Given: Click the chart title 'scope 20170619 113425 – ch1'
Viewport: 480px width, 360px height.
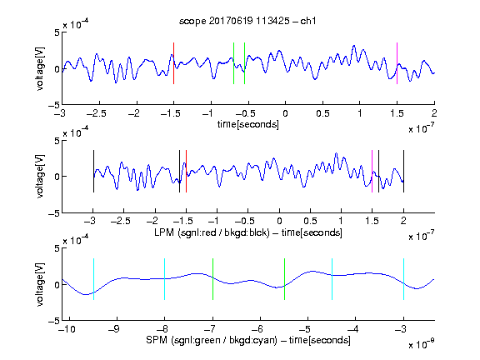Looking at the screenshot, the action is point(247,21).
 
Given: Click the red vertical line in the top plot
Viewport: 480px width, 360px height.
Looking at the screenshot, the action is point(173,63).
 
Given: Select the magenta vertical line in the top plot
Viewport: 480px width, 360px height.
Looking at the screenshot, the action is point(397,63).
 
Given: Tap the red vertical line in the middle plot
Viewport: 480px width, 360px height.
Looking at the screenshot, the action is point(186,171).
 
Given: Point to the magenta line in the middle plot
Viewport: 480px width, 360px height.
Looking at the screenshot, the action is point(372,171).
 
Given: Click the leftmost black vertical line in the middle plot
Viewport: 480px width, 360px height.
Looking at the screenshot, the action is point(93,171).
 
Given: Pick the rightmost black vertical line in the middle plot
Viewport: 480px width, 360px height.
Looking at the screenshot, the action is point(403,171).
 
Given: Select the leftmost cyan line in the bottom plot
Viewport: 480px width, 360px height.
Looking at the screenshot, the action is point(93,279).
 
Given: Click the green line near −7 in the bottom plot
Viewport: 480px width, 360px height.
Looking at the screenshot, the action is point(212,279).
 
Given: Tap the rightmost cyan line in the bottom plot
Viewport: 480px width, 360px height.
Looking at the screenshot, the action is point(403,279).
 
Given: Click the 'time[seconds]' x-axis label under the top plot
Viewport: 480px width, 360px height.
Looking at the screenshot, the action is point(248,124).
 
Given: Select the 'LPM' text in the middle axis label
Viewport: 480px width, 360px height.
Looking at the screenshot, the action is point(164,232).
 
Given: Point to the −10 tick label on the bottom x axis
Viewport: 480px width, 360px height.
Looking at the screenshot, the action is point(67,329).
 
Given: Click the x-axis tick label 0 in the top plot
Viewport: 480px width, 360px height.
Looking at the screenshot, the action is point(285,113).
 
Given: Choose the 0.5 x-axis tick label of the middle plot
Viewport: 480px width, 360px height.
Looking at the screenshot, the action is point(310,221).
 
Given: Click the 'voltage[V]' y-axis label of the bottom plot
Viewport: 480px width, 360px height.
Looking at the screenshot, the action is point(40,284).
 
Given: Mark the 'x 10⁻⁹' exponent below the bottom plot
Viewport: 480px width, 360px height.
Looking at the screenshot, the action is point(421,344).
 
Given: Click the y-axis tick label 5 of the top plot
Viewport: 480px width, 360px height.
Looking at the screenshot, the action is point(57,32).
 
